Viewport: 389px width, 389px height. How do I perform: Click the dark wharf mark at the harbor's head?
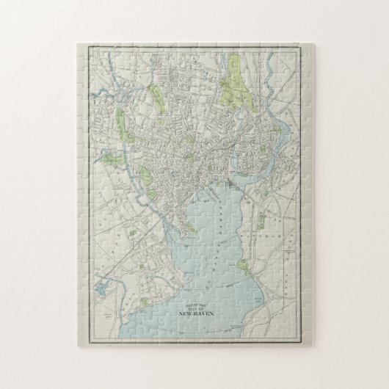229,181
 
